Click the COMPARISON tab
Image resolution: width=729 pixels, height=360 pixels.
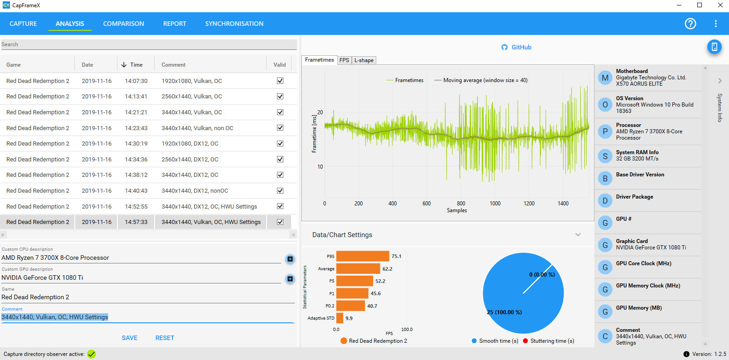[123, 24]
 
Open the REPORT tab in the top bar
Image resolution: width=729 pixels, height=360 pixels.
[175, 24]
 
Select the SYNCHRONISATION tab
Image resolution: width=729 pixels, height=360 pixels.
[234, 24]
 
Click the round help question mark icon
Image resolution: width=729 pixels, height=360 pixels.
[690, 24]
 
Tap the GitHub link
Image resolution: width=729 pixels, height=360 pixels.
[516, 47]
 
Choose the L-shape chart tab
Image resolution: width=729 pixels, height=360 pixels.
[364, 60]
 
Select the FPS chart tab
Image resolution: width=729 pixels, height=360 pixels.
[344, 60]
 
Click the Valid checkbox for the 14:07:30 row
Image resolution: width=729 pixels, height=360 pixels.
[280, 81]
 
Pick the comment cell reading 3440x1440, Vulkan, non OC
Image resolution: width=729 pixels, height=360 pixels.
[197, 128]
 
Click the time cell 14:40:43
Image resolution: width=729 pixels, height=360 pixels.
[136, 191]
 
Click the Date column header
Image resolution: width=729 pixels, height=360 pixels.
[87, 65]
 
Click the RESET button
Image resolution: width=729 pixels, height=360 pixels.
[165, 338]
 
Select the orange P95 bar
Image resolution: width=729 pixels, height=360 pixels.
[363, 256]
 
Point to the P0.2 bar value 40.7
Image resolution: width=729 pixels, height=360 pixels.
[372, 306]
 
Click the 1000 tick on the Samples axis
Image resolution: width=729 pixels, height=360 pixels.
[495, 204]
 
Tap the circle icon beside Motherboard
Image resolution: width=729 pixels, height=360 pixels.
[605, 78]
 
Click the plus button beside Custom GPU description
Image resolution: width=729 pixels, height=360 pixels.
[290, 279]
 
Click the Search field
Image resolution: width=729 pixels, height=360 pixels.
[149, 44]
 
